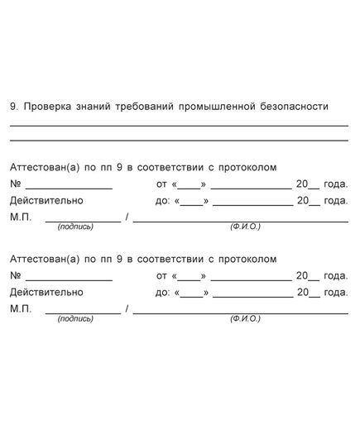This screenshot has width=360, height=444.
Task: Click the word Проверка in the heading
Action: pyautogui.click(x=47, y=107)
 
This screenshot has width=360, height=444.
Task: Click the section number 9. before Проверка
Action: pyautogui.click(x=14, y=107)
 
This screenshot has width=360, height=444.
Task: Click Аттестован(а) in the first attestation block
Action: pyautogui.click(x=40, y=167)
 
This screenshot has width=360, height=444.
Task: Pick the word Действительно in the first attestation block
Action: pyautogui.click(x=46, y=200)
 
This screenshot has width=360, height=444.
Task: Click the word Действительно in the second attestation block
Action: pyautogui.click(x=46, y=293)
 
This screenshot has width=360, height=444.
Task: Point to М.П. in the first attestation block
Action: pyautogui.click(x=21, y=217)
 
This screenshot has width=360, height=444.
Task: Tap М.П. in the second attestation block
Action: pyautogui.click(x=21, y=309)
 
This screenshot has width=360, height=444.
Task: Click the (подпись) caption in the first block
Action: pyautogui.click(x=75, y=227)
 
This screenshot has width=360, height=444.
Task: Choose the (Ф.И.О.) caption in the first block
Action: pyautogui.click(x=246, y=227)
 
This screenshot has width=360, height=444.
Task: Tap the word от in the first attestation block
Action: pyautogui.click(x=161, y=184)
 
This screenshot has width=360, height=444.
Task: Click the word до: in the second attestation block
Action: pyautogui.click(x=162, y=293)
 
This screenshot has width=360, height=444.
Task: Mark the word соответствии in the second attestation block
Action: pyautogui.click(x=172, y=260)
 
